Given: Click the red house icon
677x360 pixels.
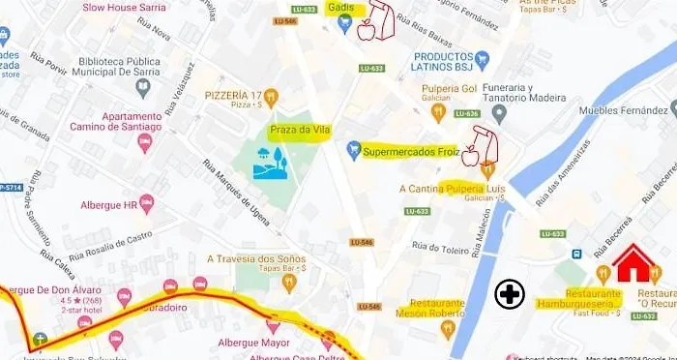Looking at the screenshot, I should [x=634, y=262].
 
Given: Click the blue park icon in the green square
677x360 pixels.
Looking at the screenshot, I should [x=269, y=162].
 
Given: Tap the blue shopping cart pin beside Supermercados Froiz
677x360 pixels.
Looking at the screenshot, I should [x=353, y=151].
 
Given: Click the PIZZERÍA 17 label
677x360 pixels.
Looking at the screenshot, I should [x=233, y=96].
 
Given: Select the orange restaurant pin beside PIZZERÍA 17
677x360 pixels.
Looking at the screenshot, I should [x=272, y=97].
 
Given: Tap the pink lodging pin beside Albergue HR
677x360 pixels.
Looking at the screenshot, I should [x=147, y=203].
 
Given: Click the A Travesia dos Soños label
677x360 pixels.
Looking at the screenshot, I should [x=256, y=259].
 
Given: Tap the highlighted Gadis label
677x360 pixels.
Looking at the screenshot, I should [x=339, y=8].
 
